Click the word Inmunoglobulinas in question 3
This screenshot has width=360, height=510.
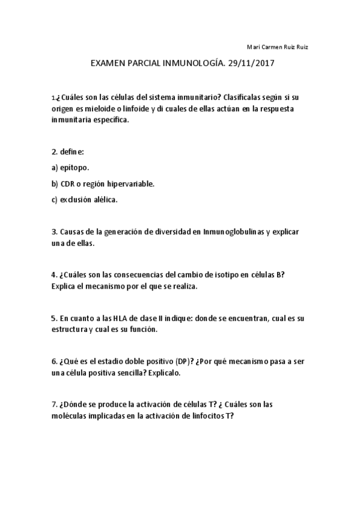tap(225, 232)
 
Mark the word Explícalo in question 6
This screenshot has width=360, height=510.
tap(164, 372)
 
